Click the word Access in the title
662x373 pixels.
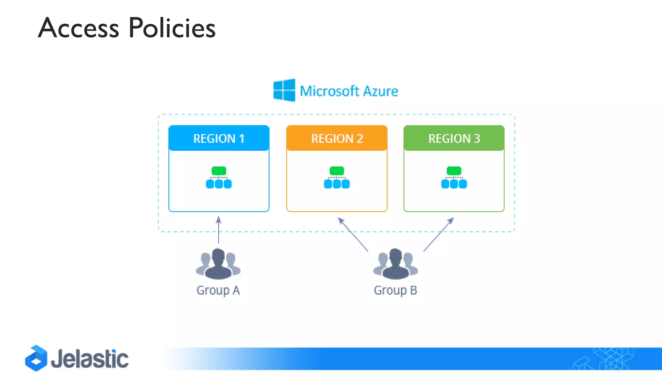coord(79,28)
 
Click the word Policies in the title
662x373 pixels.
coord(172,28)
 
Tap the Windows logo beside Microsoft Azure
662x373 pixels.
coord(284,90)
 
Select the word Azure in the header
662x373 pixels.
coord(380,91)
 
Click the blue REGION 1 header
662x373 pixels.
coord(219,138)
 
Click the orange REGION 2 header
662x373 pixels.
coord(337,138)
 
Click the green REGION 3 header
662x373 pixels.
coord(454,138)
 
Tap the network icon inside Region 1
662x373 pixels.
coord(219,177)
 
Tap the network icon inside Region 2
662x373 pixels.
coord(337,177)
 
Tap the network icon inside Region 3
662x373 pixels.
coord(454,177)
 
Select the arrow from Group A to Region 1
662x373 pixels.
coord(219,230)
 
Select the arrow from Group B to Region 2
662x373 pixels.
coord(353,234)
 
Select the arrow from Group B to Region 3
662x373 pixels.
coord(439,234)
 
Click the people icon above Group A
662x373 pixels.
coord(218,264)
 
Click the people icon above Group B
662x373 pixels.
coord(395,264)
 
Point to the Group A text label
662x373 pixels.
coord(218,290)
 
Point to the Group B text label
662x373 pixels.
coord(395,290)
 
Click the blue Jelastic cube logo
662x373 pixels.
coord(36,358)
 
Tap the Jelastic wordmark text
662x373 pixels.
coord(90,359)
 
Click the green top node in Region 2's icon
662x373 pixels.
coord(337,171)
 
